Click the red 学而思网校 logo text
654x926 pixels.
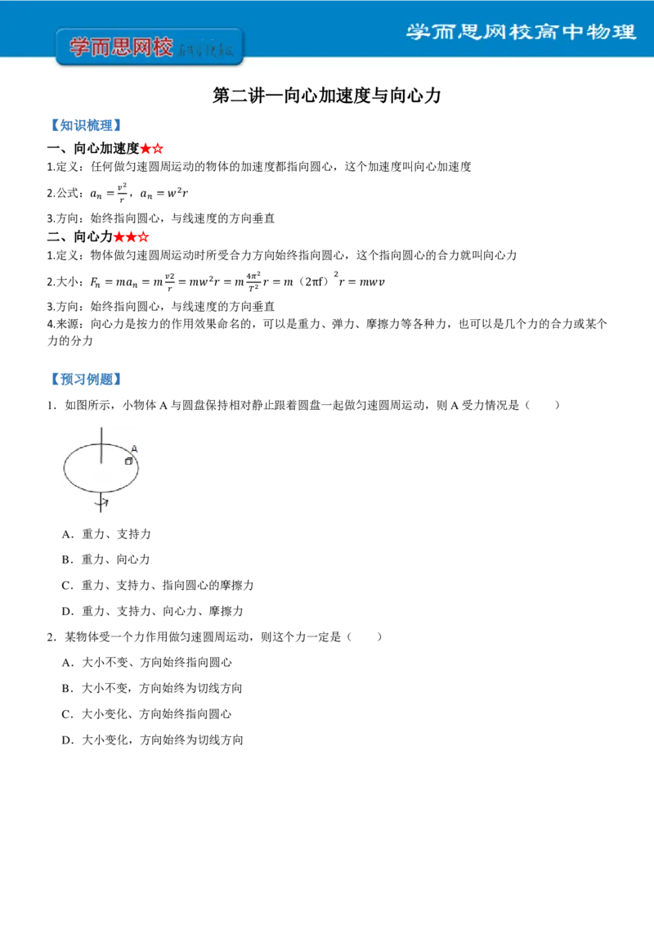pos(122,47)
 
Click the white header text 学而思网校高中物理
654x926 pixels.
pos(522,31)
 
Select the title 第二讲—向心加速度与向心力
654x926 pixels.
pos(327,96)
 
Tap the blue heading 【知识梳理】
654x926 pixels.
pos(86,125)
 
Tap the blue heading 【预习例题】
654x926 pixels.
pos(86,379)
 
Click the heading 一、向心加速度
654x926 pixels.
pos(93,148)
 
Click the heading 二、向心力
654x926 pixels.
pos(80,236)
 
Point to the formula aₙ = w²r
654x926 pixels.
pos(164,193)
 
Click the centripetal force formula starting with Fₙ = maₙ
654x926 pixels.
pos(237,281)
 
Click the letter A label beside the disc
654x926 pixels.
pos(134,449)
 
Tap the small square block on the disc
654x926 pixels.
pos(128,461)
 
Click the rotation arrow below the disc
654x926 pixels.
pos(104,503)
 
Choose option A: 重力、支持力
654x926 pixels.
pos(106,534)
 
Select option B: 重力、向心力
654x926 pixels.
pos(105,560)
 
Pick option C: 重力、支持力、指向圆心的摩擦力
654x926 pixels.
pos(158,585)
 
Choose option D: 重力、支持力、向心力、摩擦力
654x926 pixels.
pos(152,611)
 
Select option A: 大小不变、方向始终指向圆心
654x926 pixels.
pos(147,663)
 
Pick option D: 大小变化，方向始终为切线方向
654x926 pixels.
pos(152,740)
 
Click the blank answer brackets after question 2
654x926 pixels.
pos(364,636)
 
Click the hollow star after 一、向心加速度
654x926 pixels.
pos(158,148)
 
